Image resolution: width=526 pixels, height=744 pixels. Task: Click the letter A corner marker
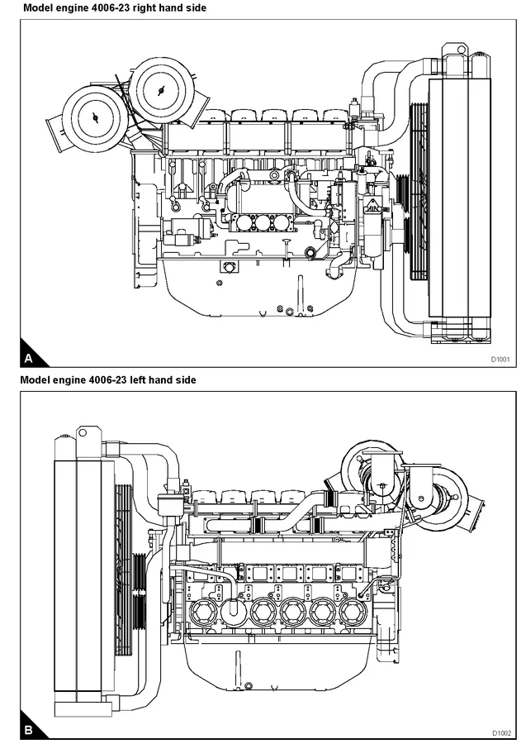[x=29, y=359]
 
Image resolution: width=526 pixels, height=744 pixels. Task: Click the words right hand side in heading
[x=172, y=7]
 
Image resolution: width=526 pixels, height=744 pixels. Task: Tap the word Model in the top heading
[x=37, y=7]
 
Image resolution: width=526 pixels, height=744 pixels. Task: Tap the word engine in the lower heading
[x=71, y=380]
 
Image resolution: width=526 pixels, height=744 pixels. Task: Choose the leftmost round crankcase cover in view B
[x=203, y=613]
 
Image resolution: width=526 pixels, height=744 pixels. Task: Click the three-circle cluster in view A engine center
[x=263, y=222]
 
